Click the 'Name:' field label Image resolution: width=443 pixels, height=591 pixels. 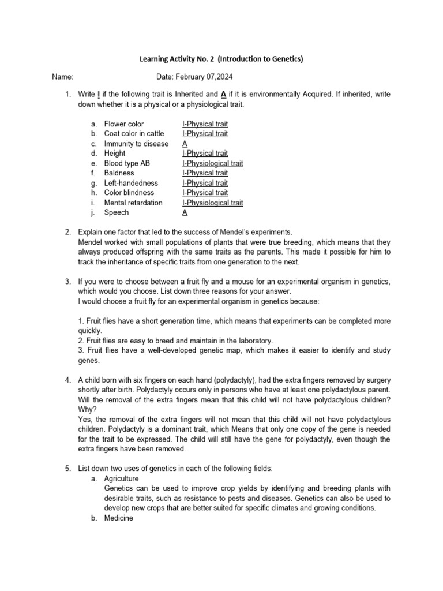point(62,76)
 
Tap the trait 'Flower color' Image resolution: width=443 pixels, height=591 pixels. point(124,124)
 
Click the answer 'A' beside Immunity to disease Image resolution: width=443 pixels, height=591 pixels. point(185,144)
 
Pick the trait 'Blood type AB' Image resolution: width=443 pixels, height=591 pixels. point(127,163)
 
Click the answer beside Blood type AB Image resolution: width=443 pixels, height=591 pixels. point(212,163)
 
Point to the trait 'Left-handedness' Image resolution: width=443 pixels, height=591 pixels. point(130,183)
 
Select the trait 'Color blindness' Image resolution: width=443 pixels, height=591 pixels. point(129,193)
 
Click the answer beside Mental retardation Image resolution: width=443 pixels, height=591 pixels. point(212,203)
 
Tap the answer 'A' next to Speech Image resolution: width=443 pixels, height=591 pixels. point(185,212)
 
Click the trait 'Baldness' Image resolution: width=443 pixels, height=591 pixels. point(119,173)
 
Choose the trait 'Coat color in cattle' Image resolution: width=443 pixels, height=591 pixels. point(134,134)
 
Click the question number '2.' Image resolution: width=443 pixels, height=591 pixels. point(67,232)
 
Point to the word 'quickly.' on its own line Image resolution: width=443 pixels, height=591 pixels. point(90,331)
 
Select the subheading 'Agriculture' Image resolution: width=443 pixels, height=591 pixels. point(122,478)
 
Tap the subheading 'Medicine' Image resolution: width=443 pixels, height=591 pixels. point(118,518)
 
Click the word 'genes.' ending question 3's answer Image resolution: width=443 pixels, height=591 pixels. point(88,360)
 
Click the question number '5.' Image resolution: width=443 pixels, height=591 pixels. point(67,469)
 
